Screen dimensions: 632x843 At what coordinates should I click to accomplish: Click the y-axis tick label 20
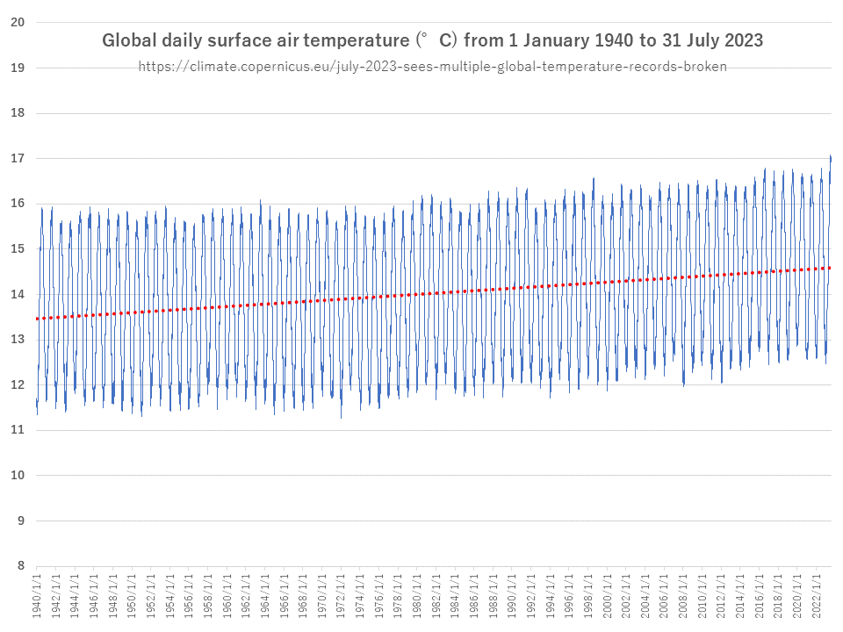point(17,23)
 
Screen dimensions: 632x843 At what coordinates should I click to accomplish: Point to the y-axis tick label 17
point(17,159)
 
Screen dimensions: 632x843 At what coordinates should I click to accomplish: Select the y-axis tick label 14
point(17,295)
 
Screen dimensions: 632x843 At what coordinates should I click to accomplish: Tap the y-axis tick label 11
point(17,430)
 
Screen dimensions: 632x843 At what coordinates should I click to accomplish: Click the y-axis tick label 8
point(17,566)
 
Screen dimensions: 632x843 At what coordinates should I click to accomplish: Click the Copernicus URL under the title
point(432,67)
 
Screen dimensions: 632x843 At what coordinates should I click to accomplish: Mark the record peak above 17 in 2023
point(831,156)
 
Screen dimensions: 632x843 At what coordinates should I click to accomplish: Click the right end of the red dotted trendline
point(830,268)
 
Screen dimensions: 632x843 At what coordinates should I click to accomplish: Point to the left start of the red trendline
point(37,319)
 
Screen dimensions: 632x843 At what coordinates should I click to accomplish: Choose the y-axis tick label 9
point(17,521)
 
